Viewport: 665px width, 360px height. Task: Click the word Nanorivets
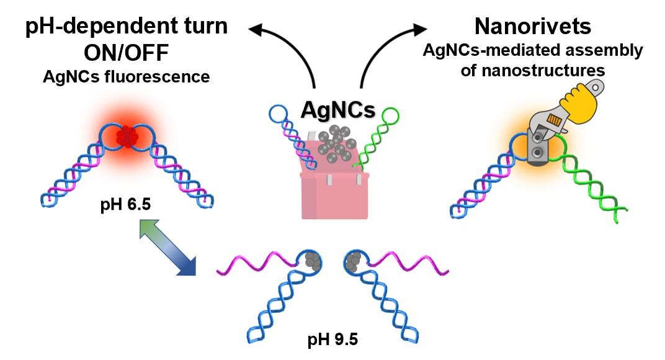pos(533,27)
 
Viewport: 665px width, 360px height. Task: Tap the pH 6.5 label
pos(125,205)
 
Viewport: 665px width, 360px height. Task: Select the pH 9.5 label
pos(332,340)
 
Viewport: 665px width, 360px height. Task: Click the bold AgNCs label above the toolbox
pos(338,110)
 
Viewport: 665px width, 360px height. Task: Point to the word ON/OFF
pos(127,53)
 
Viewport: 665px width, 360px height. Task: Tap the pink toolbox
pos(334,187)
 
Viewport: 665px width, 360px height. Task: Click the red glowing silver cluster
pos(127,137)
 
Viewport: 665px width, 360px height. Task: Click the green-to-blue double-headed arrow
pos(167,248)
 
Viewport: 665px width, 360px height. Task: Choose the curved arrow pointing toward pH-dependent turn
pos(288,46)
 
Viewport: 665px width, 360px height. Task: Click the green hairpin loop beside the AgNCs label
pos(391,116)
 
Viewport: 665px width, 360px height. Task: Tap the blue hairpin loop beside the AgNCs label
pos(279,113)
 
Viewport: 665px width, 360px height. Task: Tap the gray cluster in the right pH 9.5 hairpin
pos(353,261)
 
